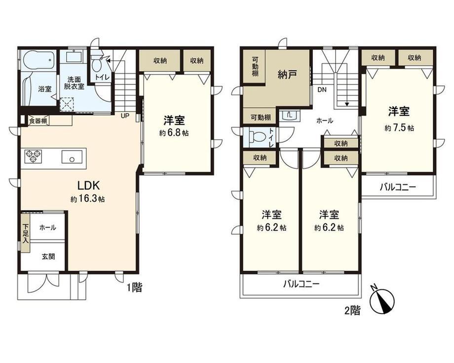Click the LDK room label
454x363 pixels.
click(x=89, y=185)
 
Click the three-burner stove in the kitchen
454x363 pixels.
click(x=33, y=156)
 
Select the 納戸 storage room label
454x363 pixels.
click(x=287, y=75)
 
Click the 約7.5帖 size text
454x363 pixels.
click(x=399, y=128)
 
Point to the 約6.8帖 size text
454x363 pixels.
click(x=174, y=133)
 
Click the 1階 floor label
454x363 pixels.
click(x=134, y=287)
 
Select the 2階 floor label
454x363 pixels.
click(x=352, y=311)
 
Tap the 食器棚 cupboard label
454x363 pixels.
click(x=38, y=121)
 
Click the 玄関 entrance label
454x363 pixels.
click(x=49, y=257)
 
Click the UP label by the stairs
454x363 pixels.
click(x=125, y=116)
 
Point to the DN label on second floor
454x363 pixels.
click(x=322, y=90)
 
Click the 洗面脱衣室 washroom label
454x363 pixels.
click(x=74, y=83)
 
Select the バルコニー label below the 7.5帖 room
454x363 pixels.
click(x=398, y=187)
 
